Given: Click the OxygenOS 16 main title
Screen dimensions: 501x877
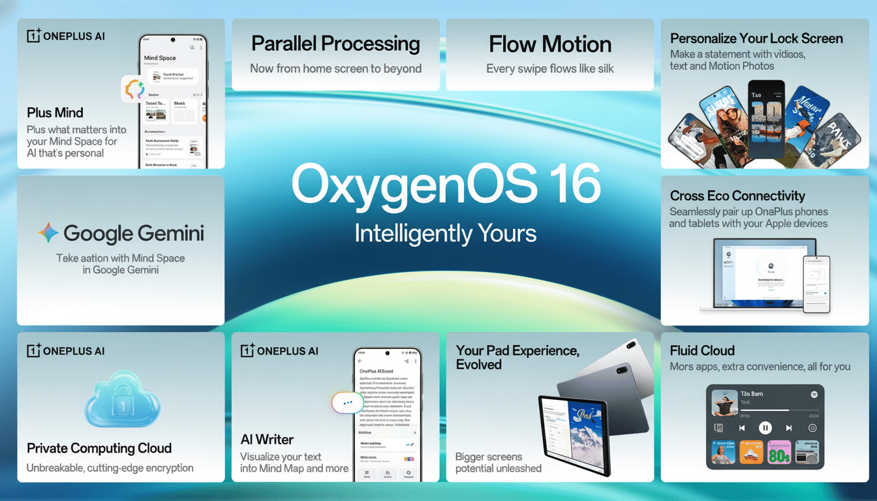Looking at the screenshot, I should pos(446,184).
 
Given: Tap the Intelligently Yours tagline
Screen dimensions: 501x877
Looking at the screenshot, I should pos(446,233).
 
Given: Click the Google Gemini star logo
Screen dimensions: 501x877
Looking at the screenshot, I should pos(48,233).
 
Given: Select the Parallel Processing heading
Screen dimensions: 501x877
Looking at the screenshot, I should pos(335,44).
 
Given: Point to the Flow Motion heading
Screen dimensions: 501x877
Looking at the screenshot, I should pos(550,44).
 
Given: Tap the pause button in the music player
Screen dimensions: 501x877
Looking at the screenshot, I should pos(765,428).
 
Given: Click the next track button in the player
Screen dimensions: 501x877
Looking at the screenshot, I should pos(789,428).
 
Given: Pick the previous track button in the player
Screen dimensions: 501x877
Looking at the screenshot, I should pos(742,428).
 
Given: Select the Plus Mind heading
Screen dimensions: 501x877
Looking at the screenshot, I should pos(55,112).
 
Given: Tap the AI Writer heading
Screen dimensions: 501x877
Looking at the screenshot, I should pos(267,439).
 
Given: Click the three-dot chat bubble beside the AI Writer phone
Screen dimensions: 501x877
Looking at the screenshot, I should pos(347,402).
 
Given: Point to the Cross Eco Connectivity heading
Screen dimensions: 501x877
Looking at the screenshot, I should pos(737,196).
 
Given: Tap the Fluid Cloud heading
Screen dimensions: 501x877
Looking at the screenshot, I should pos(702,350).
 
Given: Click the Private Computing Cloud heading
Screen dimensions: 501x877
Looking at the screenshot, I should pos(99,448).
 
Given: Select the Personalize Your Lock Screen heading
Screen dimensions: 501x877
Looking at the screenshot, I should pos(756,38).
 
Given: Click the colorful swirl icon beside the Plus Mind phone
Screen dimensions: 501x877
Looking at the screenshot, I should pos(134,89).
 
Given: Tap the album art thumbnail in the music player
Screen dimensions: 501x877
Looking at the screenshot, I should pos(724,402).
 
